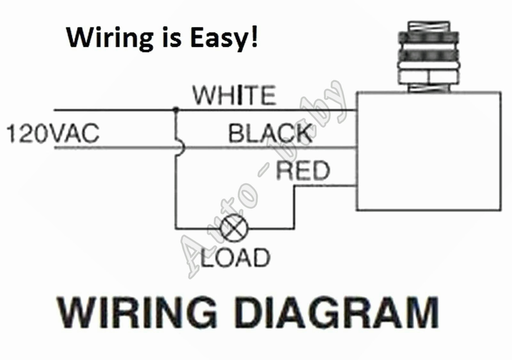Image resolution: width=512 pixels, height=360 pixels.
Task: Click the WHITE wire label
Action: point(234,95)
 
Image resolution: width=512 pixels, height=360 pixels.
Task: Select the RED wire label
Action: point(302,171)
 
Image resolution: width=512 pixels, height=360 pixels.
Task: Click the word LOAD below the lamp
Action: point(235,258)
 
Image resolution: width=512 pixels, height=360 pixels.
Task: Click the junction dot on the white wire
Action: point(175,110)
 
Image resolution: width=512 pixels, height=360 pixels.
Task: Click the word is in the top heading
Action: point(171,37)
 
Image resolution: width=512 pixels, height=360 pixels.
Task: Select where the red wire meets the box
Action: point(356,185)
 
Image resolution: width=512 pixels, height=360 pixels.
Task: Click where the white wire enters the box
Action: point(356,110)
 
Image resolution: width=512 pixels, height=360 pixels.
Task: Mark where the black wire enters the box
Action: point(356,148)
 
